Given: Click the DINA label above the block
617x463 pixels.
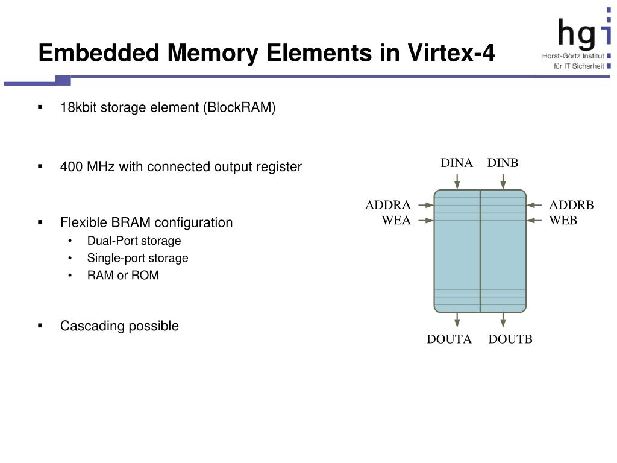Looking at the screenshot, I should coord(456,163).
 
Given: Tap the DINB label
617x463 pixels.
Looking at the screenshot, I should coord(503,163).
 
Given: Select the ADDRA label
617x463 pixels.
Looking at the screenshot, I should coord(388,205).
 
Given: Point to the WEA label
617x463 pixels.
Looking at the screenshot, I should coord(396,221).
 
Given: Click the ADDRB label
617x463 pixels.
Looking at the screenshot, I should coord(571,205).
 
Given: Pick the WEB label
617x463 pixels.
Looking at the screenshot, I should coord(563,221).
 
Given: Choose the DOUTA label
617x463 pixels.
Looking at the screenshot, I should coord(449,339).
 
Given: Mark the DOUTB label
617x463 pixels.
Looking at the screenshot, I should coord(510,339).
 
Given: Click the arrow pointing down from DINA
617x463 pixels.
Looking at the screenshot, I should coord(458,180).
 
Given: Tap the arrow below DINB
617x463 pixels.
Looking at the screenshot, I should coord(504,180).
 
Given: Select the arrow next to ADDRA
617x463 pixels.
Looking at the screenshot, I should coord(425,205).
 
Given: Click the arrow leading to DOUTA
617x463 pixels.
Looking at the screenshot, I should coord(458,320).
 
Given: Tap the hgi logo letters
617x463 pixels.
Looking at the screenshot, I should coord(577,31).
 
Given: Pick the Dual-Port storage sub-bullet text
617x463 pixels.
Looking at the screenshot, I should coord(134,241).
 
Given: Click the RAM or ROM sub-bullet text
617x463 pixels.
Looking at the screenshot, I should coord(123,276).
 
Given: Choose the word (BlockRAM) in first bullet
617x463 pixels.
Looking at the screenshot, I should coord(239,108).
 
